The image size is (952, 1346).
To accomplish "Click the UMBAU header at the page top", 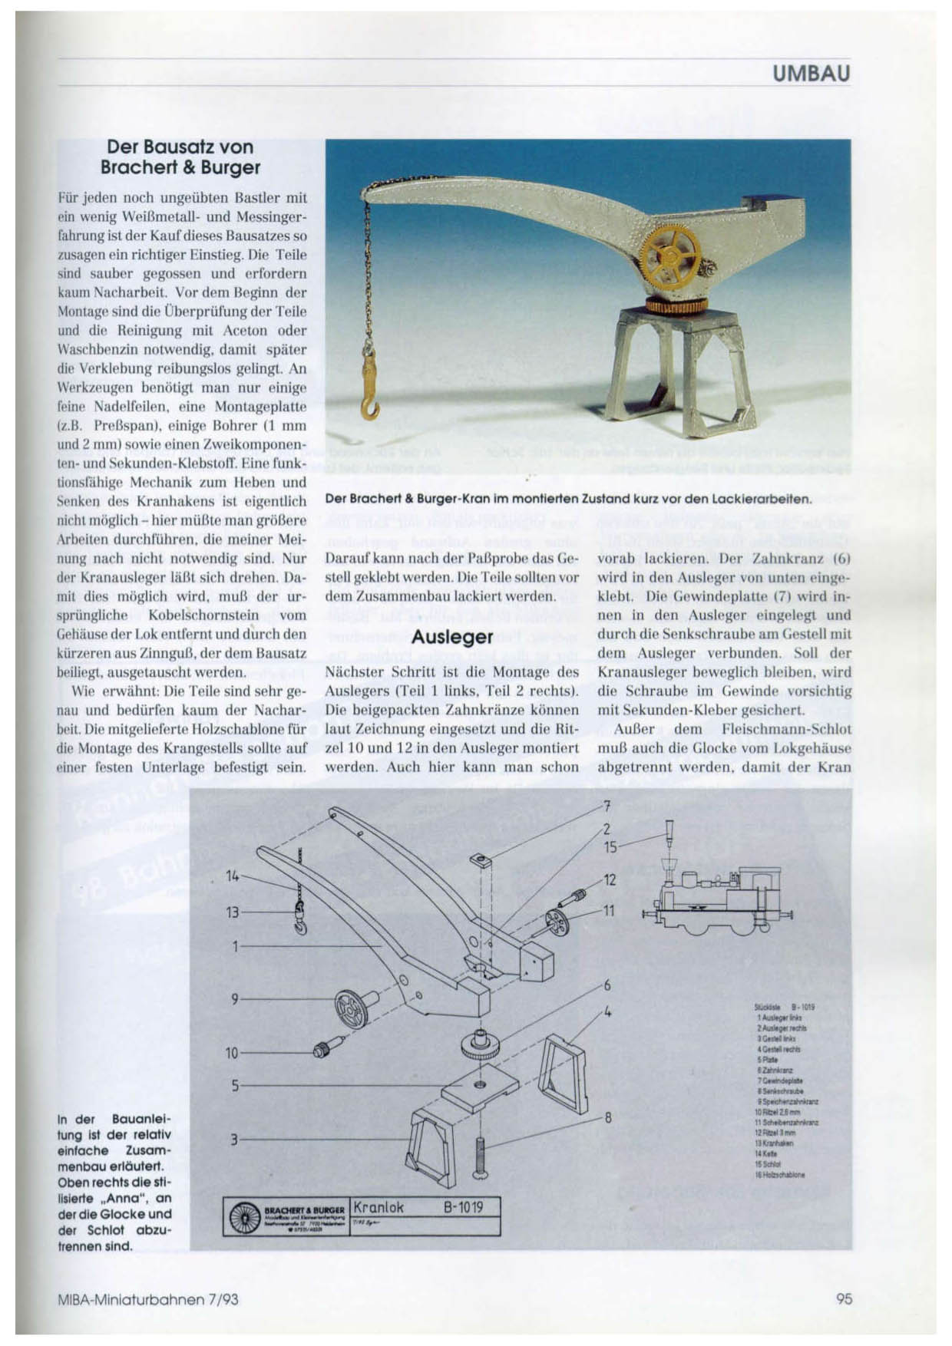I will click(812, 74).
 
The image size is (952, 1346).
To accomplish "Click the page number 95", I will click(844, 1278).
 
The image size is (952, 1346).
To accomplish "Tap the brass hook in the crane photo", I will click(370, 400).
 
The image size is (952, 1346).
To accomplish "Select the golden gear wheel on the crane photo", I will click(670, 257).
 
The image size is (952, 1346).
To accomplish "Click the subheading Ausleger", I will click(452, 636).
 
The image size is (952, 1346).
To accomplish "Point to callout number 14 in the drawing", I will click(233, 876).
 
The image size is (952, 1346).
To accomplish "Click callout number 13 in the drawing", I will click(233, 912).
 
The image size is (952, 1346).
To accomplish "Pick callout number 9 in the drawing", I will click(236, 999).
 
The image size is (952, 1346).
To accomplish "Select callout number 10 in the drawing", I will click(233, 1053).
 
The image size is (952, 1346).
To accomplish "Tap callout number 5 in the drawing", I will click(236, 1086).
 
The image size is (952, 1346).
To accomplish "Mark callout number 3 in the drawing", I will click(236, 1140).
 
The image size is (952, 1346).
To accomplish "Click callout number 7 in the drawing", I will click(607, 807).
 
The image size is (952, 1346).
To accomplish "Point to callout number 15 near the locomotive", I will click(610, 847).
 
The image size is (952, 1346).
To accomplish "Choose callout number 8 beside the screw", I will click(607, 1117).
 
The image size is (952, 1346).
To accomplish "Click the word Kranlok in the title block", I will click(378, 1208).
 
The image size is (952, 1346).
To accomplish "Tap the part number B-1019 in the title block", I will click(464, 1208).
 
